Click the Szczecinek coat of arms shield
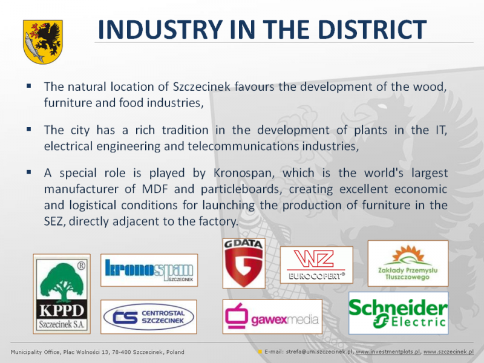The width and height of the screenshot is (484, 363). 43,42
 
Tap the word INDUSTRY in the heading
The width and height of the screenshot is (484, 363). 160,29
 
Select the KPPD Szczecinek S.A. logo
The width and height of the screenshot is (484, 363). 62,294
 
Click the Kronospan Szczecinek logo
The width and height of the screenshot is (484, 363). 149,270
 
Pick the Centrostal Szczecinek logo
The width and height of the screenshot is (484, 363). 149,316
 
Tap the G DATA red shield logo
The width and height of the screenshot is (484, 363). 244,263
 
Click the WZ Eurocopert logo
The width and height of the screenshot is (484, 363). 316,265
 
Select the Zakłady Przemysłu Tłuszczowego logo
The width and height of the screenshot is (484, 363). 408,263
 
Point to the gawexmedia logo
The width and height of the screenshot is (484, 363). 272,316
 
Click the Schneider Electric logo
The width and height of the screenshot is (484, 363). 399,313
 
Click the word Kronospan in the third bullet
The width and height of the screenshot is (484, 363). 244,173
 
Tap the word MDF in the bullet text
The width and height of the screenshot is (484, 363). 155,189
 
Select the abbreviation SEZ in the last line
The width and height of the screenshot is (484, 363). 54,221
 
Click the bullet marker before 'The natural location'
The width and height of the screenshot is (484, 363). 29,86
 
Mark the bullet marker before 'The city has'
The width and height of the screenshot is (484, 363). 29,129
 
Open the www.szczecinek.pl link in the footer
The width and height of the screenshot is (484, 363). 448,352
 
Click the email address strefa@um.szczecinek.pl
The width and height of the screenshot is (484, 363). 319,352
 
